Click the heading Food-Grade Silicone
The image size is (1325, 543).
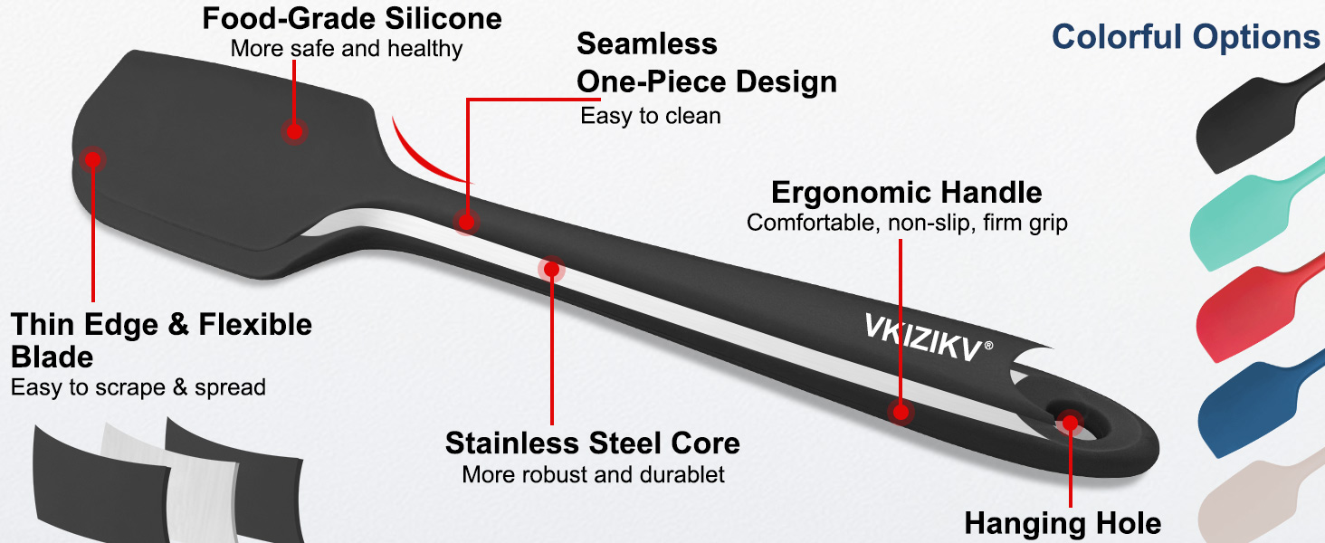point(352,18)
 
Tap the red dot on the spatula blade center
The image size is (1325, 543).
point(294,131)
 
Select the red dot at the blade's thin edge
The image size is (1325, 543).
point(92,159)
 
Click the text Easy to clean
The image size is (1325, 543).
point(651,116)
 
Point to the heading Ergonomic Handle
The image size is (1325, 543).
point(906,192)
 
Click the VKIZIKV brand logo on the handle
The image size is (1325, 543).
point(929,338)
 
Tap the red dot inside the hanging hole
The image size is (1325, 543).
point(1070,423)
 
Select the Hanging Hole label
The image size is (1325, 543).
point(1063,523)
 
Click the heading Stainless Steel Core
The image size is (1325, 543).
point(593,443)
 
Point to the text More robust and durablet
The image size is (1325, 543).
point(594,474)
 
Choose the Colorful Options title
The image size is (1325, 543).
point(1186,37)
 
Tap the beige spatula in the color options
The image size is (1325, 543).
point(1260,503)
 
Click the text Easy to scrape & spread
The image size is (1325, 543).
point(138,387)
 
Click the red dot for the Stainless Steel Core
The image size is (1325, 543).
point(551,269)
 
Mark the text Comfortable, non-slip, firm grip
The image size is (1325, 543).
point(907,223)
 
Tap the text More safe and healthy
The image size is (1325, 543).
point(347,49)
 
